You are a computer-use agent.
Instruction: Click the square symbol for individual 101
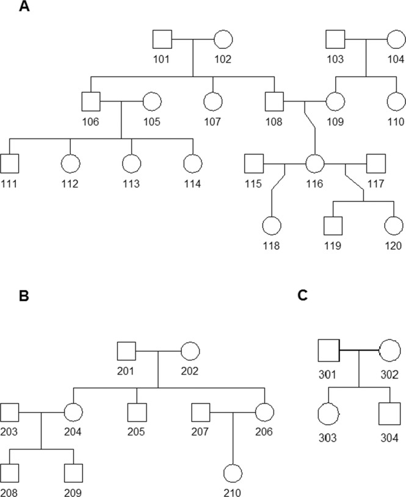162,42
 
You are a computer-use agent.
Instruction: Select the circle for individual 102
223,42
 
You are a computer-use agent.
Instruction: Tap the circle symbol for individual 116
314,164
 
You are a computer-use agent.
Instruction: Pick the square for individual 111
10,164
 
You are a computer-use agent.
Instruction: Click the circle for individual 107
212,102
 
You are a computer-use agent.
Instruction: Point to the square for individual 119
333,226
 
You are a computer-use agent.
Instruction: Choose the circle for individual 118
272,226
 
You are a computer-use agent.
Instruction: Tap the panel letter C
302,296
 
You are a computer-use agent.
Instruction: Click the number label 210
233,492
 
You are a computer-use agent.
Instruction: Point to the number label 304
388,437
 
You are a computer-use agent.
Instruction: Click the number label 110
396,121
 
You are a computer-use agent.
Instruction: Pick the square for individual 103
335,42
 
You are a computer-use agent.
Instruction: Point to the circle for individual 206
264,413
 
